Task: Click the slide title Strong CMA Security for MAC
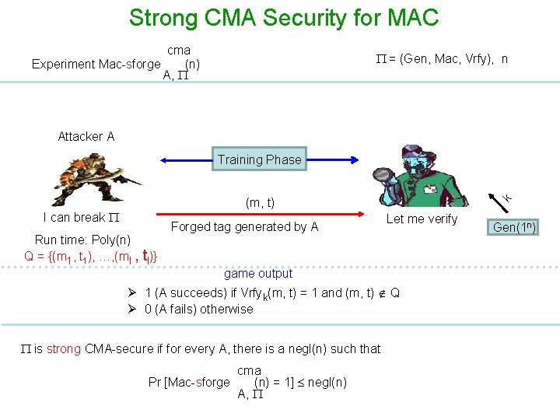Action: click(x=284, y=17)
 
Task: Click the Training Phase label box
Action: click(x=259, y=159)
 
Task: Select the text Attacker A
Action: click(x=86, y=136)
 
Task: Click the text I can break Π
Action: click(x=80, y=217)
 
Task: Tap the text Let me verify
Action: click(x=422, y=219)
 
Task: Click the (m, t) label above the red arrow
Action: click(x=260, y=203)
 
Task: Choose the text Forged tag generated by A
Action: click(x=244, y=227)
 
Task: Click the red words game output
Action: click(x=258, y=273)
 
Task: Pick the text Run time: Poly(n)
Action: click(x=82, y=240)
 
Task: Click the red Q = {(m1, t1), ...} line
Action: click(x=92, y=254)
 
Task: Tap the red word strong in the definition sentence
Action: click(x=63, y=348)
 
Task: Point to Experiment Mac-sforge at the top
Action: click(x=96, y=64)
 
